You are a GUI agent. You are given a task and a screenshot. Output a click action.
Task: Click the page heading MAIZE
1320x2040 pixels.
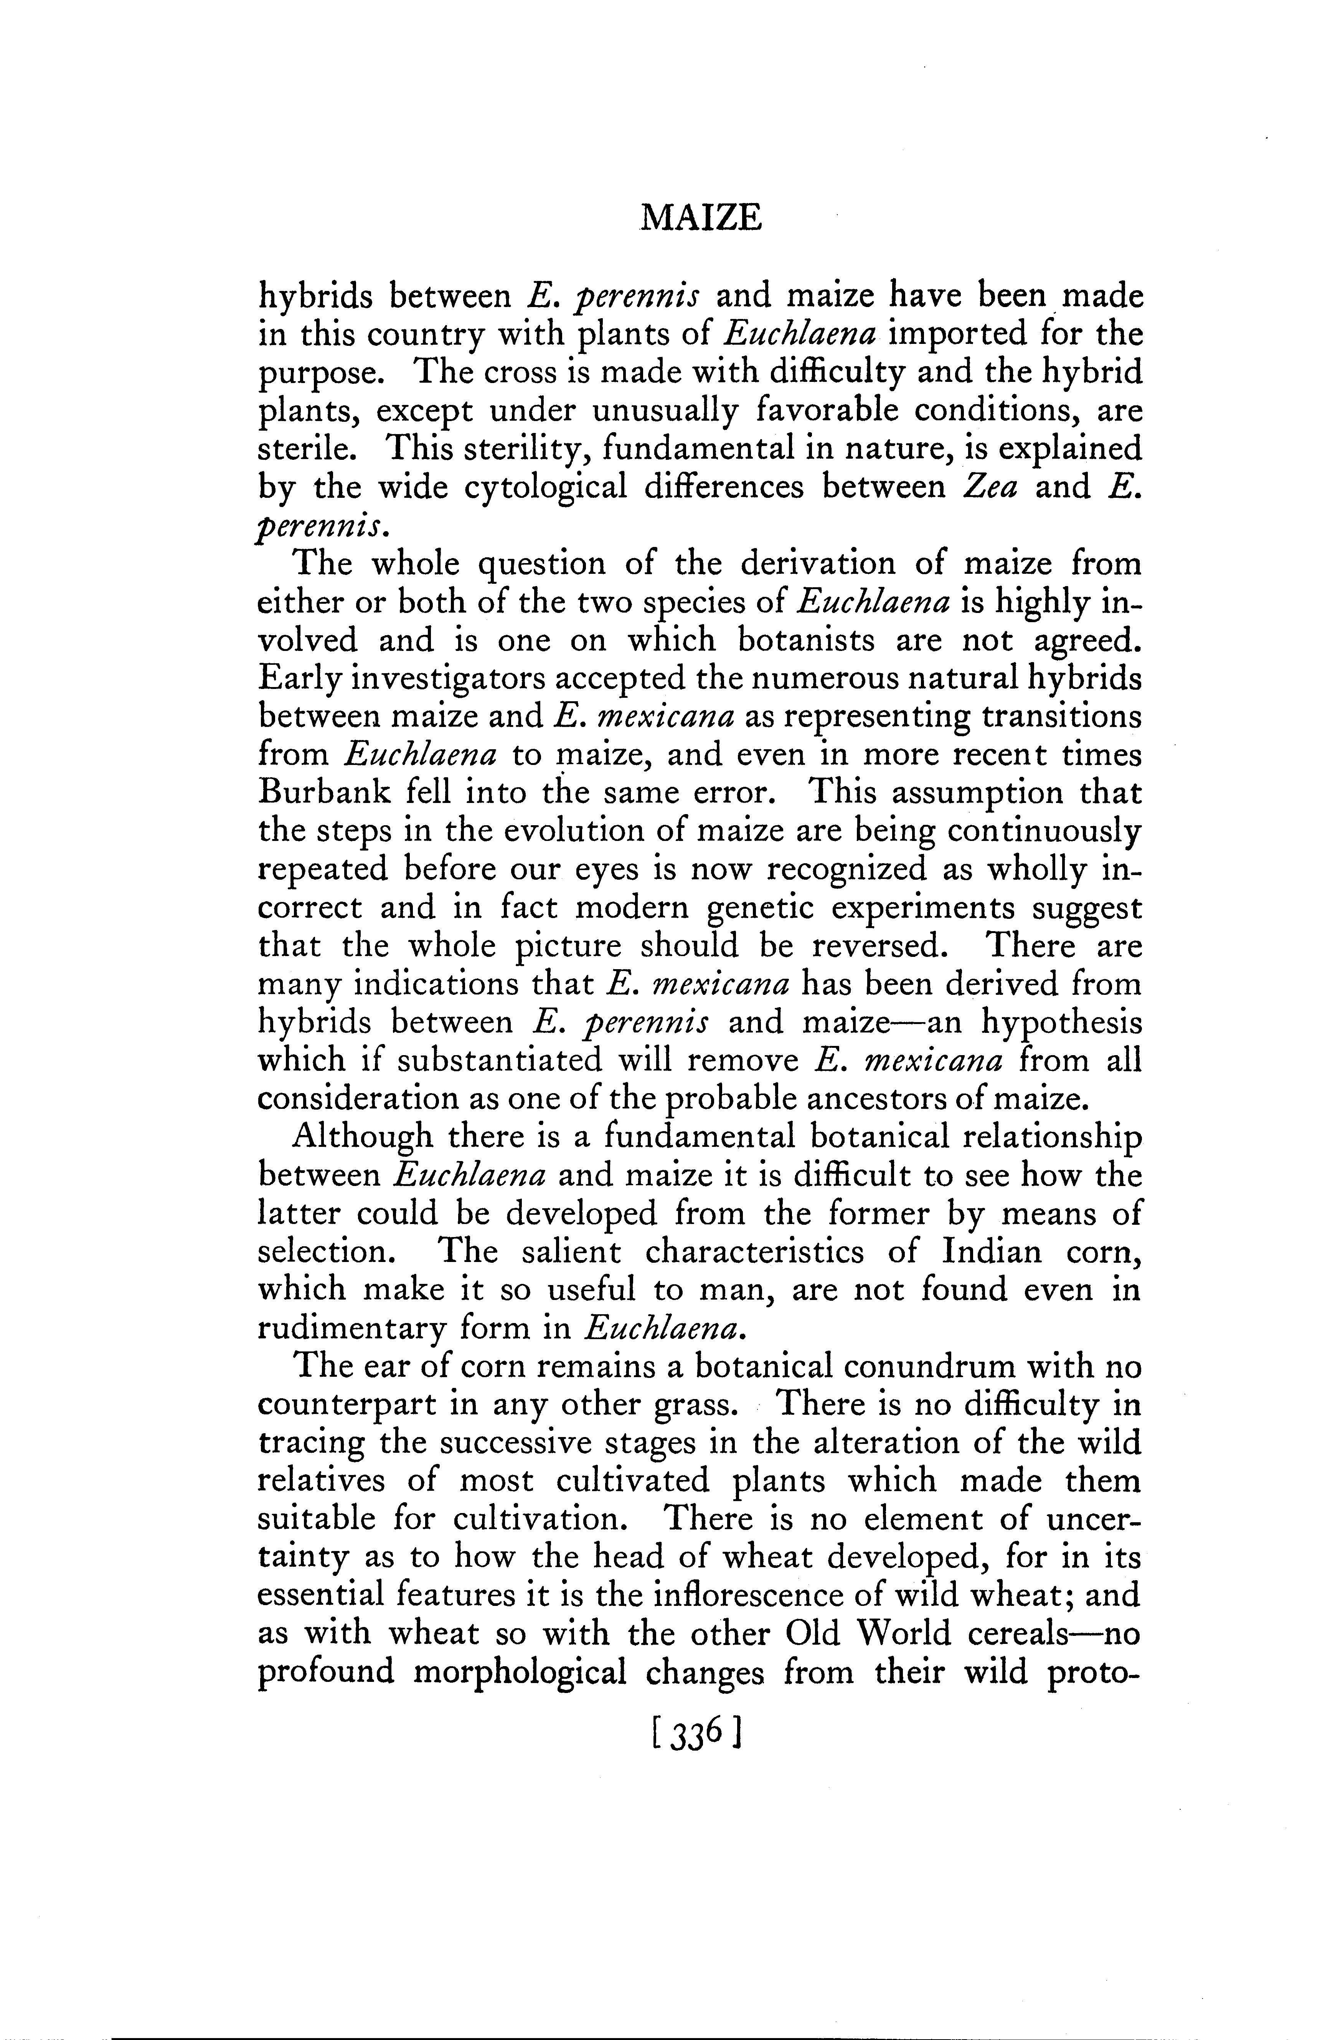pyautogui.click(x=701, y=220)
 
